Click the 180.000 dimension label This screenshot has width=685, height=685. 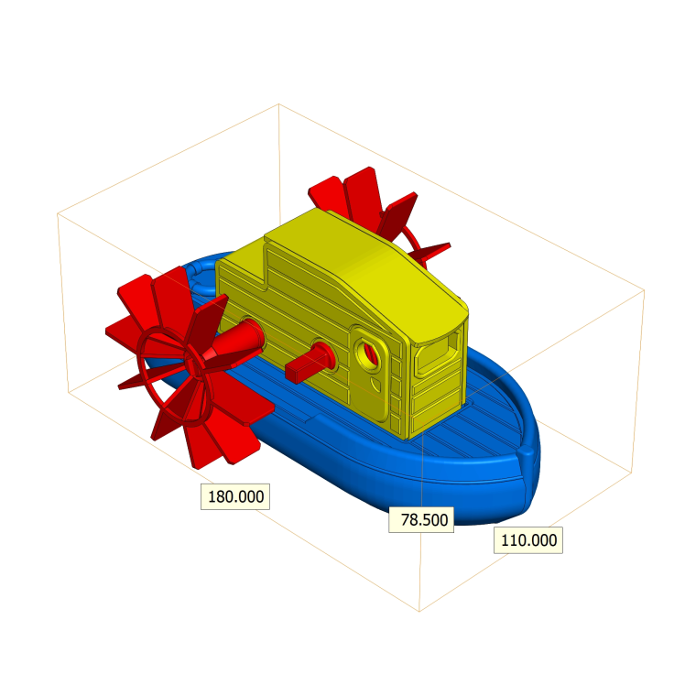coord(236,497)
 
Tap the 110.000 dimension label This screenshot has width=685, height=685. coord(528,540)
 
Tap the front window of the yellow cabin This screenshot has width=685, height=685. coord(437,353)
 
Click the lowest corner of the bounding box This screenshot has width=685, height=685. coord(419,611)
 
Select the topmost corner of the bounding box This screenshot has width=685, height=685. coord(278,104)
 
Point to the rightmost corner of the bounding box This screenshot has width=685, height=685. coord(644,290)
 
